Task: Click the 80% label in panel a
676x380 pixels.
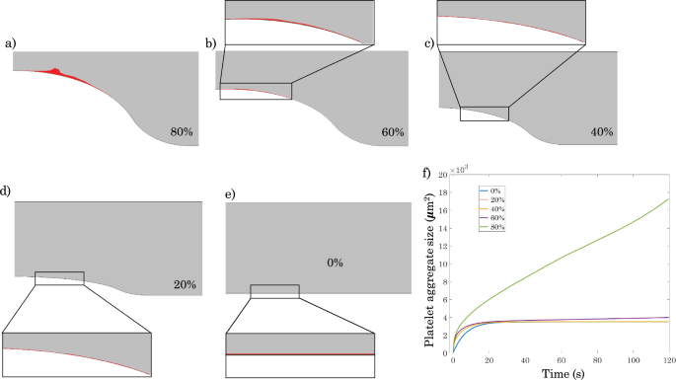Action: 180,130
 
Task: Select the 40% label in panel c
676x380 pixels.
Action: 602,131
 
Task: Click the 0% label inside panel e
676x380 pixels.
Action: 338,264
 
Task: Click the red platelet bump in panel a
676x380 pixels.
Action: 55,70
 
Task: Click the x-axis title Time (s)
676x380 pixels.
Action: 562,373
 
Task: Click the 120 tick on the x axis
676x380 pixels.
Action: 670,359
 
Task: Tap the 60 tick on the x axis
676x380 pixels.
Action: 561,359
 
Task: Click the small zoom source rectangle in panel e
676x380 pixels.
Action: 274,291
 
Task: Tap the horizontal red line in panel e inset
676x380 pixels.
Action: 301,354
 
